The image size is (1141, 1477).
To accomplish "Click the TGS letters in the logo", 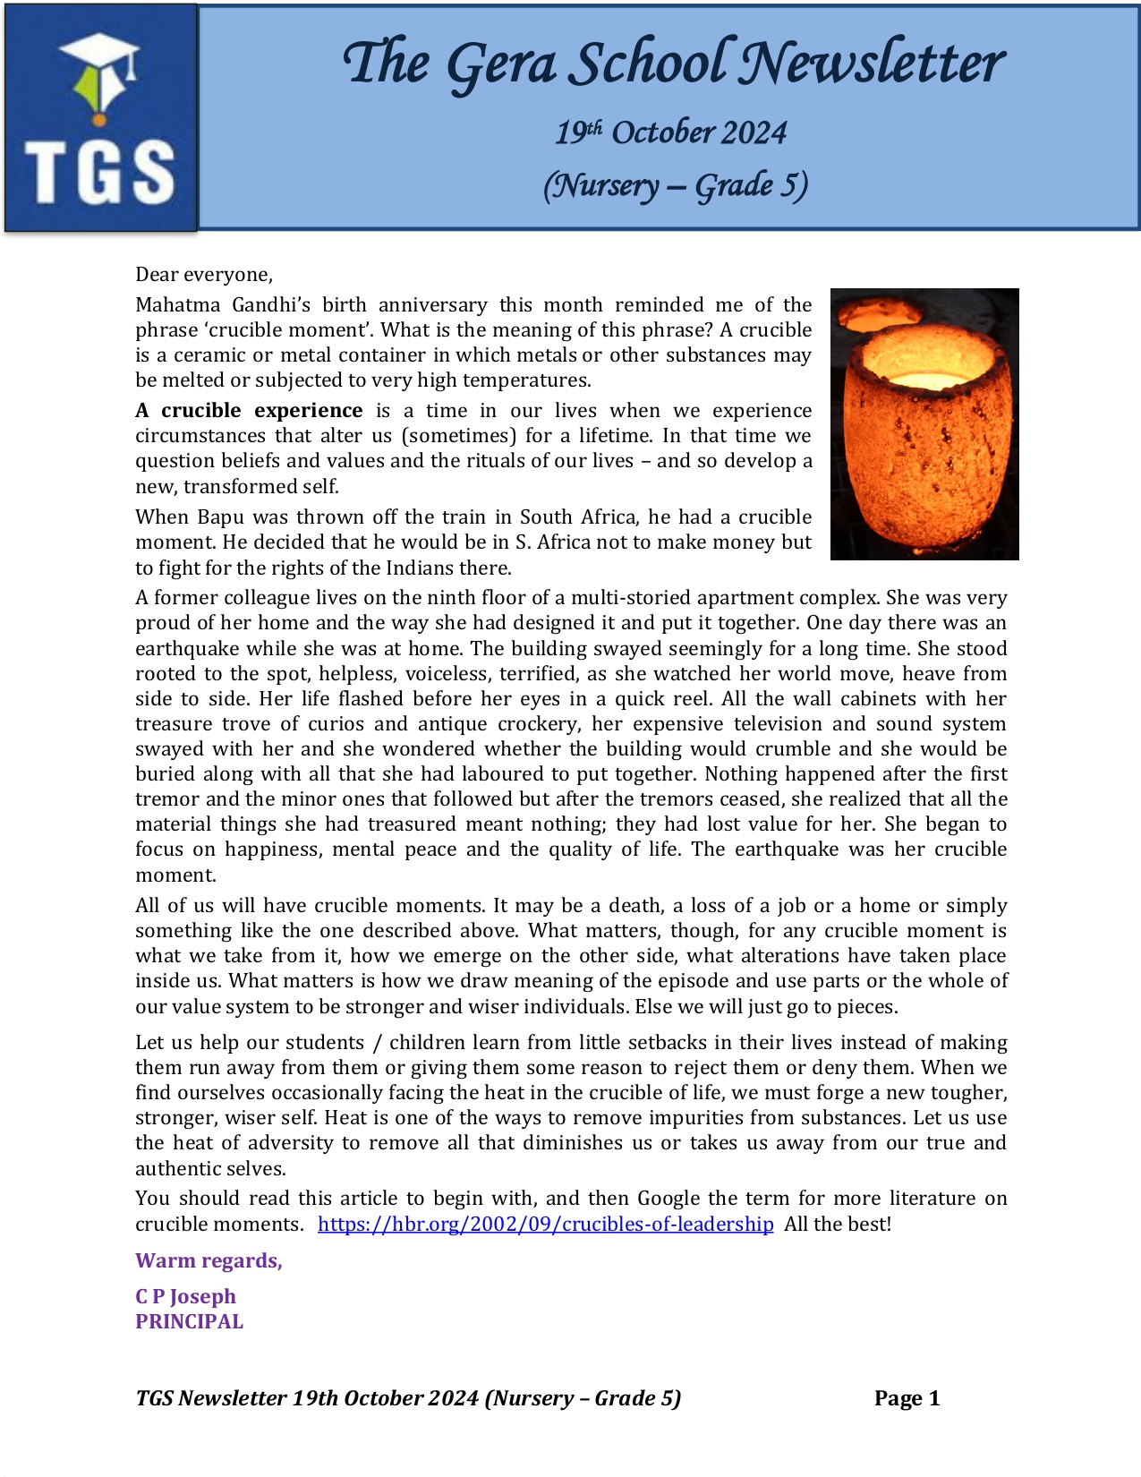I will click(99, 171).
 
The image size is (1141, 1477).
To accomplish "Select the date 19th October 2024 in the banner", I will click(670, 132).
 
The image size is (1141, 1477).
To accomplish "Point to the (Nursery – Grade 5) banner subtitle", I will click(675, 185).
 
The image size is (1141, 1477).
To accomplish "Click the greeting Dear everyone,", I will click(204, 274).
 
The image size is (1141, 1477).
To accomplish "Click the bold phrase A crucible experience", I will click(249, 411).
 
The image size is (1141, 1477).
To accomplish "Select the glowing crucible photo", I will click(924, 423).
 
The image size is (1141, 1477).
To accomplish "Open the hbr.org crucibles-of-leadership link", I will click(545, 1225).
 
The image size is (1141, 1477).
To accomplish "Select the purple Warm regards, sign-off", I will click(209, 1261).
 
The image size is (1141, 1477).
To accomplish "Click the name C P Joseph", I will click(185, 1297).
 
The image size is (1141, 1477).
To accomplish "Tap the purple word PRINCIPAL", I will click(189, 1322).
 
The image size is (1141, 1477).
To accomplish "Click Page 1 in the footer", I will click(907, 1399).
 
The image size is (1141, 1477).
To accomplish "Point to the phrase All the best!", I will click(838, 1225).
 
